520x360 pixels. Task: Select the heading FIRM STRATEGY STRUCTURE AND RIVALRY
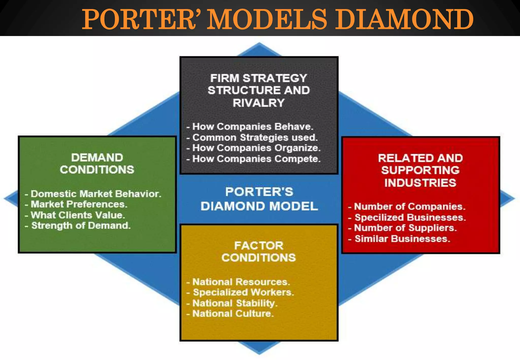(258, 90)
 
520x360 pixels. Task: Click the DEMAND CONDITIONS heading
(97, 163)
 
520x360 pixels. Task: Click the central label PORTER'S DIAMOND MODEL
(259, 199)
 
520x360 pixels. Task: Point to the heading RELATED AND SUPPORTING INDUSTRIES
(420, 170)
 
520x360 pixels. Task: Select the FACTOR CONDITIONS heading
(258, 251)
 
